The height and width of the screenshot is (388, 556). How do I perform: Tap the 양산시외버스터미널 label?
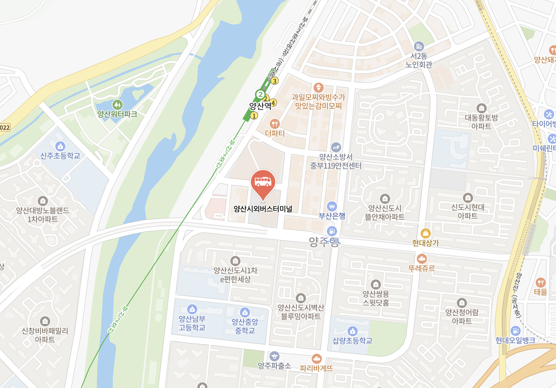pos(263,209)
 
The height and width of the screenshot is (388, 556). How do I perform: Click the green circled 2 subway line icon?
pos(260,94)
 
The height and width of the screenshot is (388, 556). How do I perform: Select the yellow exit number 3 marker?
pos(275,81)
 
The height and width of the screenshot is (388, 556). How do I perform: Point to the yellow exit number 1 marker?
pos(254,116)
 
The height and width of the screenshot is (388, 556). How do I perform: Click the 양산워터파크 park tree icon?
pos(117,104)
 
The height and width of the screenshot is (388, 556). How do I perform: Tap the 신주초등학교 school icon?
pos(60,146)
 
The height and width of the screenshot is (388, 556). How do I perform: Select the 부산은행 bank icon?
pos(332,206)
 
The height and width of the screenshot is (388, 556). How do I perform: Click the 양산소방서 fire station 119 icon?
pos(336,147)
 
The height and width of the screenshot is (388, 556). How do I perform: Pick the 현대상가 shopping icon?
pos(425,233)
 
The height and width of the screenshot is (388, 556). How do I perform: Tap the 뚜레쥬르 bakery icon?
pos(422,259)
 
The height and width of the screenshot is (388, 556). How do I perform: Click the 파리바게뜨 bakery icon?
pos(316,359)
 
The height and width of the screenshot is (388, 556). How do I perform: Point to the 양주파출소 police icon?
pos(274,356)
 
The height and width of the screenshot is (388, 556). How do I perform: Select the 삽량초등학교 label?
pos(352,341)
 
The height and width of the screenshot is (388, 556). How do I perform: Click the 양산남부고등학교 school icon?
pos(192,309)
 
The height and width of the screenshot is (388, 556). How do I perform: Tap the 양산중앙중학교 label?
pos(245,326)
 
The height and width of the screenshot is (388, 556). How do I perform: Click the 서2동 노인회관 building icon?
pos(419,46)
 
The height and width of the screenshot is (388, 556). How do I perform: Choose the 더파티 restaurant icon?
pos(275,124)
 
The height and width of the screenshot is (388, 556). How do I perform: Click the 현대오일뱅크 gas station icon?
pos(515,331)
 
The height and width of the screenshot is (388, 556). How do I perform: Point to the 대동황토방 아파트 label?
pos(481,122)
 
